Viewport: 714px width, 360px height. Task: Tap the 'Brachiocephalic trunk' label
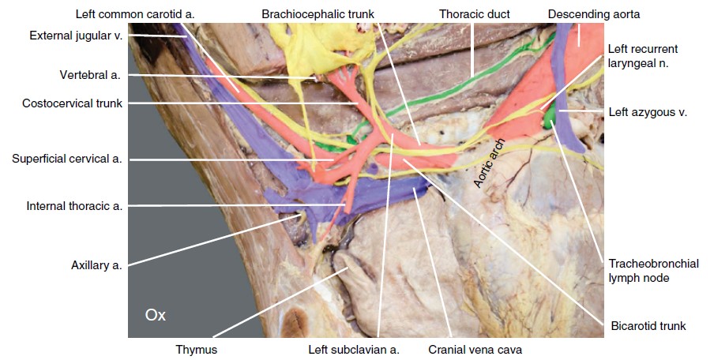318,14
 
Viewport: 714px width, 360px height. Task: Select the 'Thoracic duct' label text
475,14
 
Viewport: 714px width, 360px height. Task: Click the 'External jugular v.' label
75,36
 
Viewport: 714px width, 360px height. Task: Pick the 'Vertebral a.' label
91,75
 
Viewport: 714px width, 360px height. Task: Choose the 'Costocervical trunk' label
72,103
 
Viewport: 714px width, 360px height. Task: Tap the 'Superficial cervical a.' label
67,159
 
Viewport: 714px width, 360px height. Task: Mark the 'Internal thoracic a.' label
74,206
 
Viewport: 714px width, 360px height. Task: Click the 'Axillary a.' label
96,265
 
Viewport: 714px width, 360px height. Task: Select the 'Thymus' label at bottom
197,348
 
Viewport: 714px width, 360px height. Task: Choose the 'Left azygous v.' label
648,112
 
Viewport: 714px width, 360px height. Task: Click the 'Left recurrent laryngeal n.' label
643,57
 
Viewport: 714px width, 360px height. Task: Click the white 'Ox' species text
156,315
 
